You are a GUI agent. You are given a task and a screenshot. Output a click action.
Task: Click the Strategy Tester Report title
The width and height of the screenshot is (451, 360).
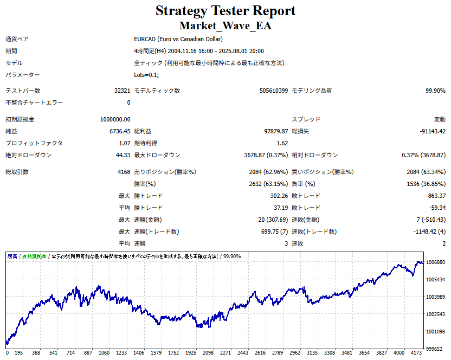tap(225, 11)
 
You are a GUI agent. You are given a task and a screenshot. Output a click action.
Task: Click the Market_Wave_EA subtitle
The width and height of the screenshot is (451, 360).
tap(225, 25)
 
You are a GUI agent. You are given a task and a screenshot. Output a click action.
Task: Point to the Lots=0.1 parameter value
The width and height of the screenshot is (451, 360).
tap(146, 75)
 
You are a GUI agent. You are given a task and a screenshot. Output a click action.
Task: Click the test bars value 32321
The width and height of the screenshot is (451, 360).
tap(120, 91)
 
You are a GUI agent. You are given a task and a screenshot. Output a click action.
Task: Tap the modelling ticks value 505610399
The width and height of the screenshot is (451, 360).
tap(274, 91)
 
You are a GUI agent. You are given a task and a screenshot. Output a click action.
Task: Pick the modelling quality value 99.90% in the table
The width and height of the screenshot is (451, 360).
tap(435, 91)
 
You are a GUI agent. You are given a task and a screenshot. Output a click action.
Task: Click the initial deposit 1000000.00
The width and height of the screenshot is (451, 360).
tap(115, 119)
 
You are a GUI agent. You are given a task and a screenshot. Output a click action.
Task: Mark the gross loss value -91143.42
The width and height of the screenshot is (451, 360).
tap(432, 131)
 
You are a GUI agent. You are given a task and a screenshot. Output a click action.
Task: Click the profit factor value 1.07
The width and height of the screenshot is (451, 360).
tap(124, 143)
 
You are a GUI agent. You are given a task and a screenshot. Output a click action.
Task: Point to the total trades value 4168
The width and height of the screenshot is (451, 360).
tap(123, 172)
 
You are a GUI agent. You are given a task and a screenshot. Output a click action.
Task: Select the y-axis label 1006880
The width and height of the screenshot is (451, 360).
tap(436, 262)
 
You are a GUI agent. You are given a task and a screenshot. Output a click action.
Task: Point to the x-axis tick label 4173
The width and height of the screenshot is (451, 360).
tap(416, 352)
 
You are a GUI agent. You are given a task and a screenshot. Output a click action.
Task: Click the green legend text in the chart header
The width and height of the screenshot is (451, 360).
tap(35, 256)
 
